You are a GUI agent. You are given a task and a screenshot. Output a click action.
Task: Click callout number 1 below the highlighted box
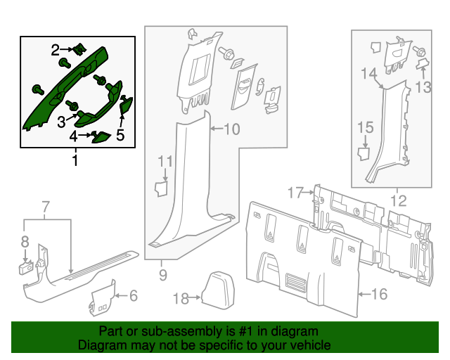tap(75, 160)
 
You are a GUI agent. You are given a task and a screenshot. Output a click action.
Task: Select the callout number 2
tap(56, 50)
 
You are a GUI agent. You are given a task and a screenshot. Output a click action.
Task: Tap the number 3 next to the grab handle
tap(61, 122)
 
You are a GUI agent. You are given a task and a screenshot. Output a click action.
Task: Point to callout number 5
tap(120, 135)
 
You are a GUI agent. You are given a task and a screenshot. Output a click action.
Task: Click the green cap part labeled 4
tap(101, 137)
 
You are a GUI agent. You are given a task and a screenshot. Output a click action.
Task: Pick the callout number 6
tap(134, 296)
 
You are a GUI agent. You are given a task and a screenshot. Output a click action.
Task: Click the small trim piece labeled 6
tap(103, 298)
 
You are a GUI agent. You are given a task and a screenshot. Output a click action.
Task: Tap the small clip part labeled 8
tap(27, 268)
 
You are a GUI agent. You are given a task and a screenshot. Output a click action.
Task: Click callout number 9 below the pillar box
tap(162, 275)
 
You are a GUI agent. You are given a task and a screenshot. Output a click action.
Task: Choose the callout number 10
tap(231, 129)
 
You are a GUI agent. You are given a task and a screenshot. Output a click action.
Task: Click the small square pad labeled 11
tap(162, 188)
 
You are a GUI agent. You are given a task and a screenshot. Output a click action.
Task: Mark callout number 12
tap(399, 200)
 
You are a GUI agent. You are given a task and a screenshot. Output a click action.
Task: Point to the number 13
tap(423, 87)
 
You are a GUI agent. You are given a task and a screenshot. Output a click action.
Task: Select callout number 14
tap(368, 74)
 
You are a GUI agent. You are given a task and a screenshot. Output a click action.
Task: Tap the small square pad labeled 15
tap(364, 153)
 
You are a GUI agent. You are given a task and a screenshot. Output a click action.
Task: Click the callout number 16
tap(379, 294)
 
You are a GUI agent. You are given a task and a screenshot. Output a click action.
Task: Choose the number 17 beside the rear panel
tap(295, 193)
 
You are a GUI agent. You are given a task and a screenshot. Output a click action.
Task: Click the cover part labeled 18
tap(218, 290)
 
